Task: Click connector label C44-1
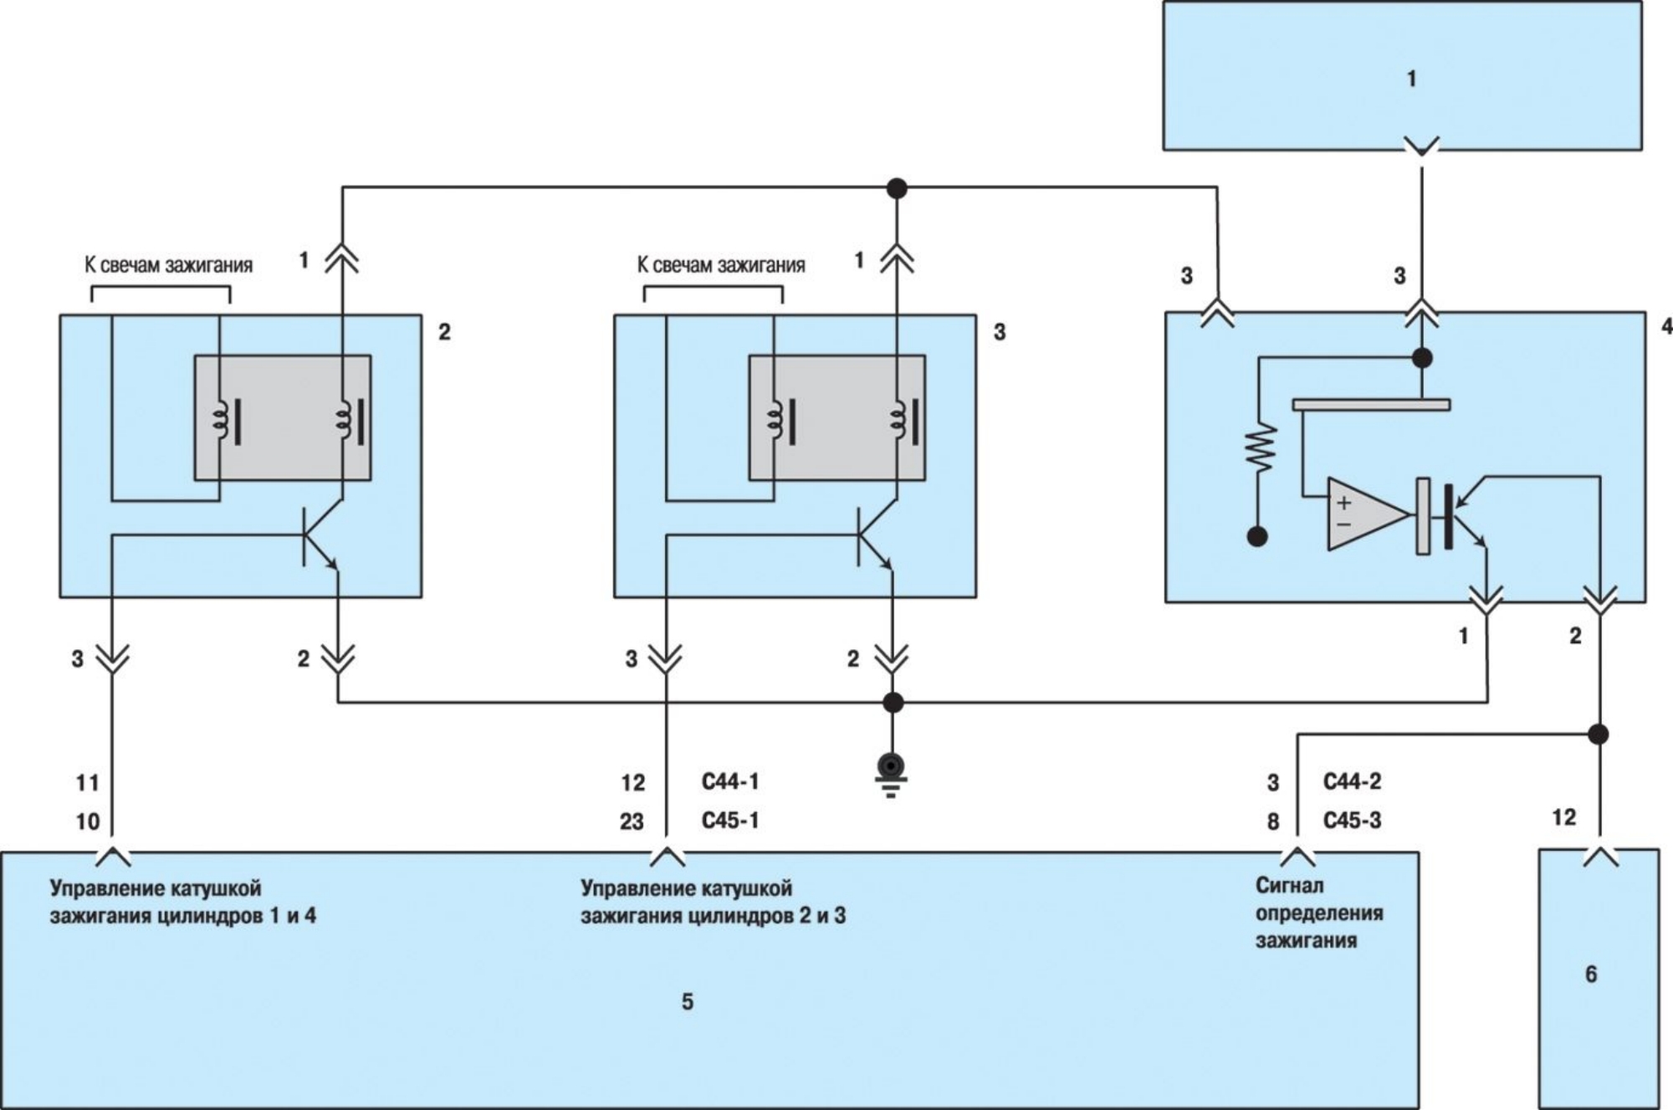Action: click(x=729, y=782)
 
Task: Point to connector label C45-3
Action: click(x=1352, y=821)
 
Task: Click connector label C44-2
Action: click(x=1352, y=782)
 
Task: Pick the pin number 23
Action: click(x=632, y=821)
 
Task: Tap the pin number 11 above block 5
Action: click(x=88, y=783)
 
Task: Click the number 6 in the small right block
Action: click(x=1590, y=974)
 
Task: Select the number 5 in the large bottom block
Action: click(x=687, y=1002)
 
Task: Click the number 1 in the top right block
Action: click(x=1411, y=79)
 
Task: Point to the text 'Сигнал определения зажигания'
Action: click(x=1318, y=913)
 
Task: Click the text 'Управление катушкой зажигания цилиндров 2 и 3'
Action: click(x=712, y=902)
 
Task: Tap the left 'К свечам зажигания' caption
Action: click(x=168, y=265)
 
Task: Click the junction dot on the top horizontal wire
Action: click(x=897, y=188)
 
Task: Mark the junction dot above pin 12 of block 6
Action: click(x=1599, y=734)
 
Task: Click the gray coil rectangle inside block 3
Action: click(x=836, y=418)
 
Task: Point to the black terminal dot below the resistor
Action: click(x=1257, y=536)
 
